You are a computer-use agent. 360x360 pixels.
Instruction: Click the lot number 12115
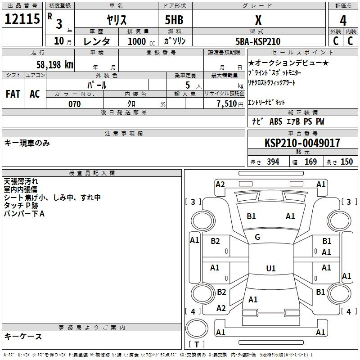coord(22,19)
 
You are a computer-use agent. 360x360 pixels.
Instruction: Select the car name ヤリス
coord(116,19)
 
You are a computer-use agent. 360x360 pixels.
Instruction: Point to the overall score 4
coord(343,20)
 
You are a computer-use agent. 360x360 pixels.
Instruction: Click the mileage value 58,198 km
coord(54,65)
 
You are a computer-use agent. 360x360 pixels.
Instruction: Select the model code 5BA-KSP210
coord(258,41)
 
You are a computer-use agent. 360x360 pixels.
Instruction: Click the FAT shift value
coord(13,94)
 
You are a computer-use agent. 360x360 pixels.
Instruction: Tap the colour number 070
coord(74,104)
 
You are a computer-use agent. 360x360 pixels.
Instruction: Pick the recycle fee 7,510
coord(224,104)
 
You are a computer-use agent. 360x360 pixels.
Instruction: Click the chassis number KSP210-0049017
coord(302,143)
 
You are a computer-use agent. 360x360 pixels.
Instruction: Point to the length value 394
coord(273,162)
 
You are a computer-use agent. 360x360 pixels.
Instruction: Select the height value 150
coord(346,162)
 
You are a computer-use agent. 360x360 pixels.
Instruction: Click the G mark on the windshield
coord(257,237)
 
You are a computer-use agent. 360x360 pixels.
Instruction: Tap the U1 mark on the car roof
coord(270,269)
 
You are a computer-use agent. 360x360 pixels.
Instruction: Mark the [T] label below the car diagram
coord(196,345)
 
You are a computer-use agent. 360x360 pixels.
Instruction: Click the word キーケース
coord(23,337)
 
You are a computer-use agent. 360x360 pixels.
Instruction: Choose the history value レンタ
coord(97,41)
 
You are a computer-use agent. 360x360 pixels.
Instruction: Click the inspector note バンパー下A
coord(24,213)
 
